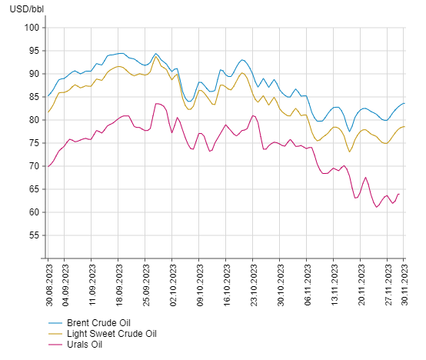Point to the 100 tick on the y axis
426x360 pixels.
click(x=32, y=28)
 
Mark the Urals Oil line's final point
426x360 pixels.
click(x=398, y=194)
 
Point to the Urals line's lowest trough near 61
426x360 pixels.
click(x=378, y=206)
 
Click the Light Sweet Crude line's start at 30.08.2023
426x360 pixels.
click(x=48, y=112)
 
